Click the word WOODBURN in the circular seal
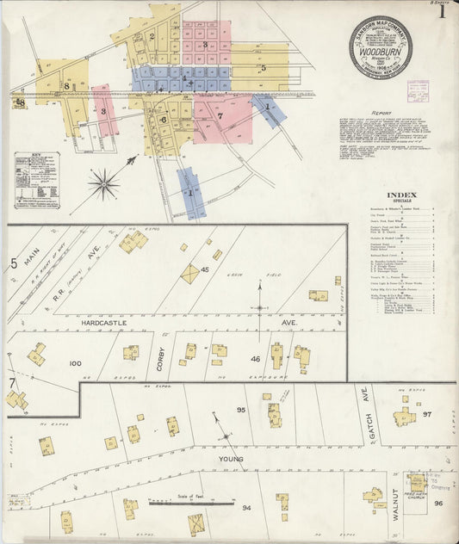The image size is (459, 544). pos(380,51)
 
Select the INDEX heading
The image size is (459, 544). pos(403,195)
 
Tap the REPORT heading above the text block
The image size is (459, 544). pos(381,113)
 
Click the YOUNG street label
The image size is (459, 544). pos(231,459)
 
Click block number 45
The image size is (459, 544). pos(205,270)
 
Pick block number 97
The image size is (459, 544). pos(427,414)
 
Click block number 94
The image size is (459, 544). pos(247,508)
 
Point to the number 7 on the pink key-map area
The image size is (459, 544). pos(220,115)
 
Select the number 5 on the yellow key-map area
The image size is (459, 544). pos(264,67)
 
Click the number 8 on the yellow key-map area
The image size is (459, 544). pos(65,86)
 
